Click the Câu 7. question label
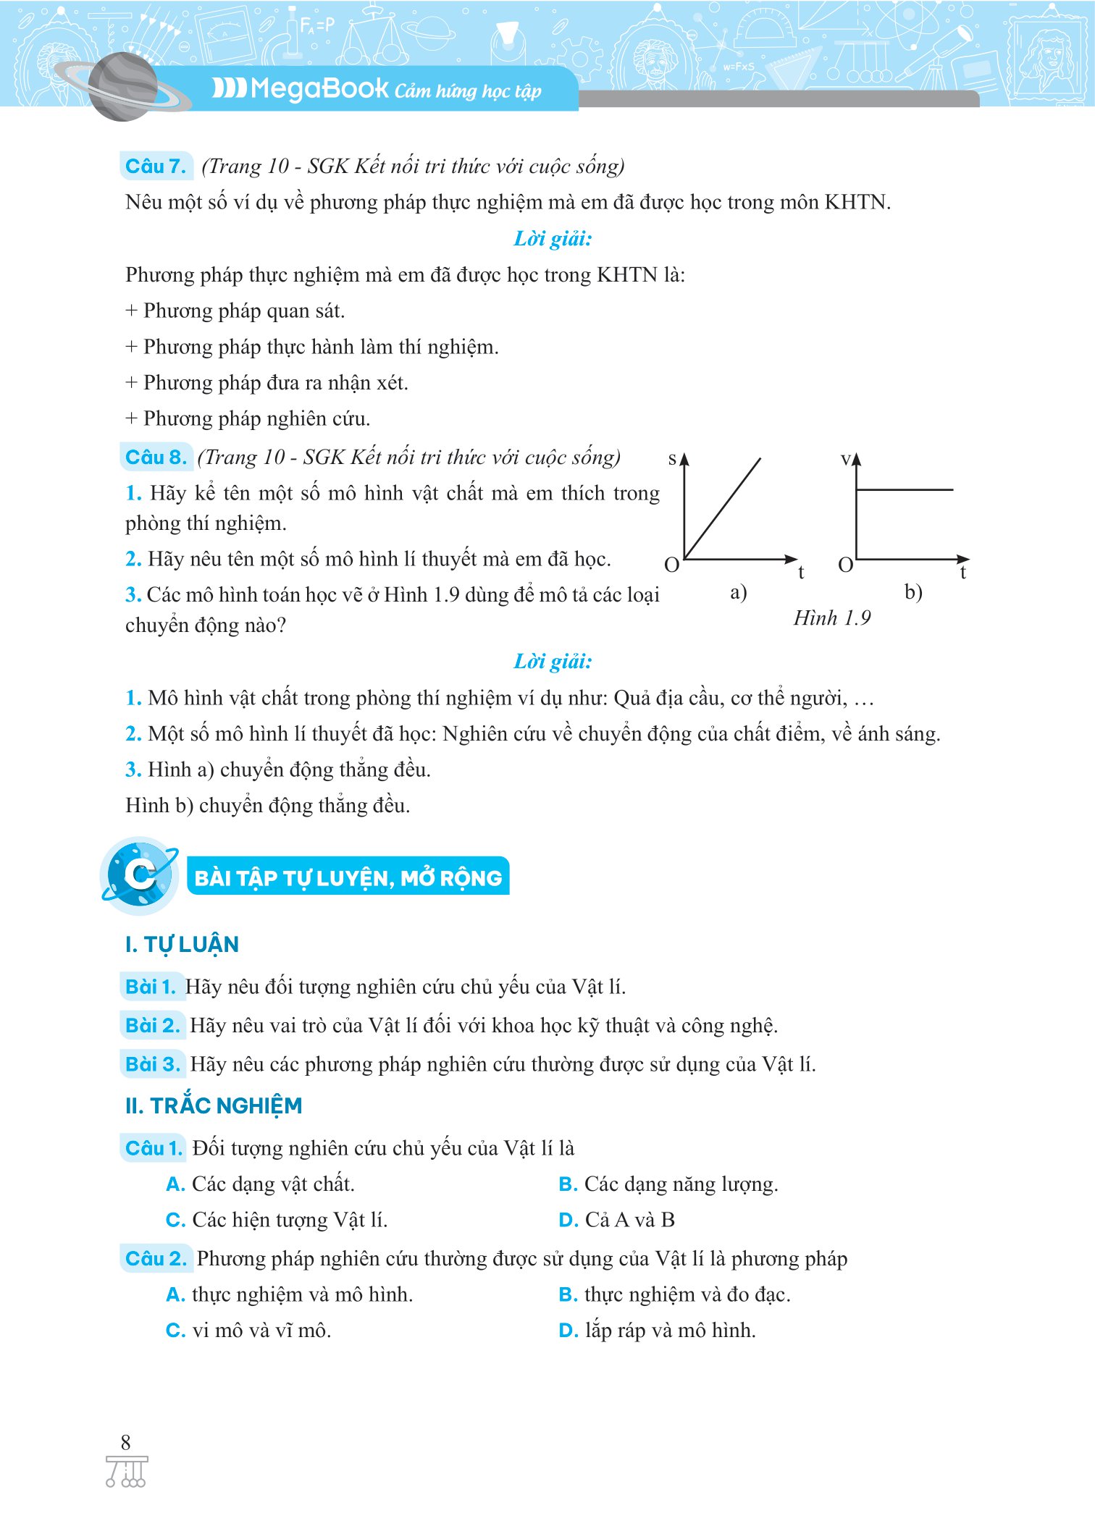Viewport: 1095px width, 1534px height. coord(156,167)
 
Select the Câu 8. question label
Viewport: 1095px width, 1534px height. coord(156,458)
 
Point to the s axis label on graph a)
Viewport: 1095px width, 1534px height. coord(672,458)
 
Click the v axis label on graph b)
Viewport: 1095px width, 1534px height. coord(845,459)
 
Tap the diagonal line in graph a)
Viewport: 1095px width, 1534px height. coord(723,508)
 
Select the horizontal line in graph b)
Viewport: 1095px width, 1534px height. coord(905,490)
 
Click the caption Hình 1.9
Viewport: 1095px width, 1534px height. coord(832,618)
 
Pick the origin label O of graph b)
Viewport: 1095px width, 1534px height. coord(845,565)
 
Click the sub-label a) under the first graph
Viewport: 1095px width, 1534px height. coord(738,592)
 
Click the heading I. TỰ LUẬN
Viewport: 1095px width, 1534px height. coord(182,944)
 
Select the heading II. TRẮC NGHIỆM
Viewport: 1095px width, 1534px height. coord(214,1105)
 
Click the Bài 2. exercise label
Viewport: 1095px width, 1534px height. coord(152,1025)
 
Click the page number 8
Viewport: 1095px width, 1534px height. coord(125,1442)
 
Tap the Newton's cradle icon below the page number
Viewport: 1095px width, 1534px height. coord(126,1472)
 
